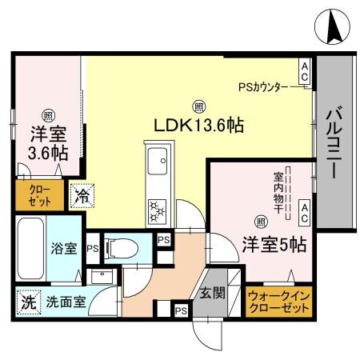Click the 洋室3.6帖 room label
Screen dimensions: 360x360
coord(48,142)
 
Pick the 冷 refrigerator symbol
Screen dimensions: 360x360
coord(82,194)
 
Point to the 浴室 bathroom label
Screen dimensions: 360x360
coord(65,249)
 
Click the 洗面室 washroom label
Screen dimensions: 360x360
coord(65,304)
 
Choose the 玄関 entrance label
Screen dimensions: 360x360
coord(212,292)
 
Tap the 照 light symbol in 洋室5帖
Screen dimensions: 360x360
coord(260,222)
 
